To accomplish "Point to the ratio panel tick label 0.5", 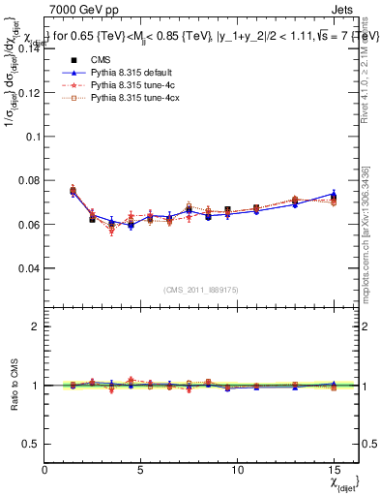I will coord(34,444).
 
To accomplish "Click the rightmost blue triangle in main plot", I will coord(334,195).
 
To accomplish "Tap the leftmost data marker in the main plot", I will coord(73,191).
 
